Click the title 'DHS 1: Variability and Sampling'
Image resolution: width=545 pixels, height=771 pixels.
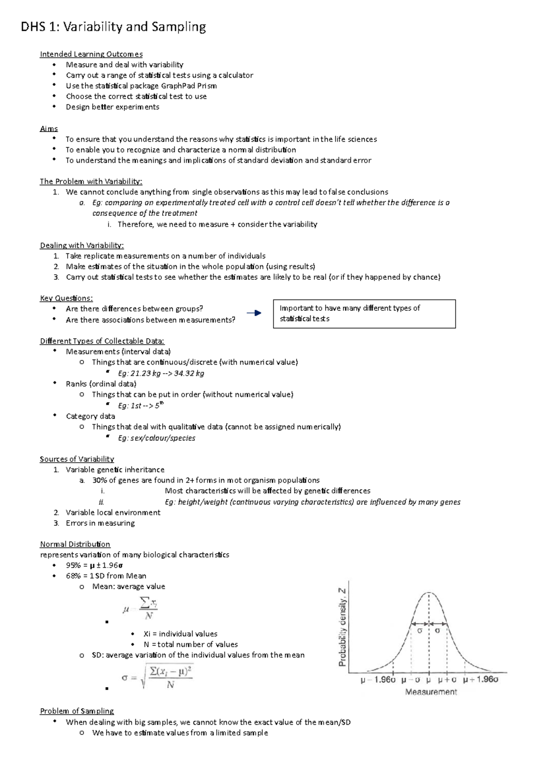[x=114, y=27]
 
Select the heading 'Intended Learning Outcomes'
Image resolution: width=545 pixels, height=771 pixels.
[x=91, y=54]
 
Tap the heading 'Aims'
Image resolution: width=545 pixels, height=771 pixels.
[x=49, y=128]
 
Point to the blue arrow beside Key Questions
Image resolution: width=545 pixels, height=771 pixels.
[x=254, y=313]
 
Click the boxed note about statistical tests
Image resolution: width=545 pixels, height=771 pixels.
[x=364, y=314]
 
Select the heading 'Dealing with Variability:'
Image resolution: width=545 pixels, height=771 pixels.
[x=82, y=245]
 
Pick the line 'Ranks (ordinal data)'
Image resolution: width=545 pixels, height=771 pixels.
[x=101, y=384]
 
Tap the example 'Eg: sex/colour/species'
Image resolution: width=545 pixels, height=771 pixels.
[x=157, y=438]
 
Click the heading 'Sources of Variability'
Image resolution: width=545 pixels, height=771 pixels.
[x=77, y=459]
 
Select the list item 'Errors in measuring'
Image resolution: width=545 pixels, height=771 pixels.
[x=100, y=523]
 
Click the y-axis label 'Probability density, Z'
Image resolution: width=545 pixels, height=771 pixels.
[x=342, y=627]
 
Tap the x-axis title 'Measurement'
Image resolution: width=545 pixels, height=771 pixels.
[x=431, y=692]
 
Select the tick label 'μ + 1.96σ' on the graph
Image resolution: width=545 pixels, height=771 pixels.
[x=481, y=680]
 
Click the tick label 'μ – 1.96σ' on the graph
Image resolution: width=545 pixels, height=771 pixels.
[x=378, y=680]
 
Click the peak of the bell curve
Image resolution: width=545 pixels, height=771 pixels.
[x=429, y=593]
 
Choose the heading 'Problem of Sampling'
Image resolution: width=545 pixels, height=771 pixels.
[x=77, y=711]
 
